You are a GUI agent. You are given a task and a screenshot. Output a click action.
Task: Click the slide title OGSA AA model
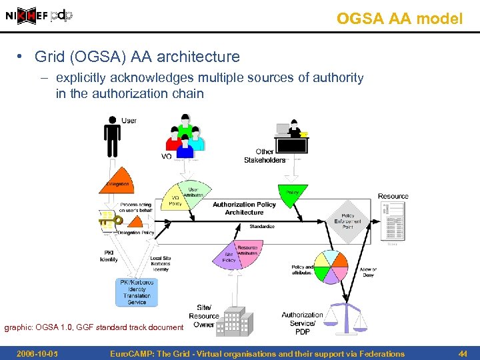tap(399, 19)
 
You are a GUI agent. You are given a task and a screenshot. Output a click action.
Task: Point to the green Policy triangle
tap(292, 193)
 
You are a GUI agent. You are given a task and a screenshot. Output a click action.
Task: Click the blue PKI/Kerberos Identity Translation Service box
tap(137, 292)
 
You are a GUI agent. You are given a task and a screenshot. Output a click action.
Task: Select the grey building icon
tap(236, 321)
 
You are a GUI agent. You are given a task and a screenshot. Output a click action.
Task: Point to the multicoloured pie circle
tap(331, 267)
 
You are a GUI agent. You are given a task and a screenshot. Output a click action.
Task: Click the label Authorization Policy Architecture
tap(244, 208)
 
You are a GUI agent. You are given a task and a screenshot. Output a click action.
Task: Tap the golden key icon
tap(111, 219)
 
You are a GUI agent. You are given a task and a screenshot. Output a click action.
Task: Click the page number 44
tap(462, 353)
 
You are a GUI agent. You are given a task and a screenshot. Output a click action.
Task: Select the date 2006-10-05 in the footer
tap(37, 353)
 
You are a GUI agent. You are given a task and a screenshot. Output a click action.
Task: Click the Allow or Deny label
tap(368, 272)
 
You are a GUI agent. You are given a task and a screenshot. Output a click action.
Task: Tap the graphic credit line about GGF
tap(93, 327)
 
